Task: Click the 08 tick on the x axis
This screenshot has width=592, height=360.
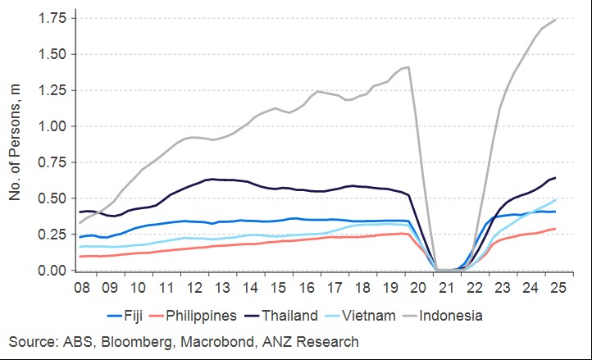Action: pyautogui.click(x=81, y=289)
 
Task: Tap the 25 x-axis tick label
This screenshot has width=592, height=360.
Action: pyautogui.click(x=557, y=289)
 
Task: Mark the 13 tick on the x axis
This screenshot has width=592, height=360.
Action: pyautogui.click(x=221, y=289)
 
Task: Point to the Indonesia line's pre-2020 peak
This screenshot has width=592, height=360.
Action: pyautogui.click(x=408, y=67)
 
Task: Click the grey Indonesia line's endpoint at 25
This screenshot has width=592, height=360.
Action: pyautogui.click(x=556, y=20)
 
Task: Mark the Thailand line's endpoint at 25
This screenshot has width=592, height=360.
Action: pyautogui.click(x=556, y=178)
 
